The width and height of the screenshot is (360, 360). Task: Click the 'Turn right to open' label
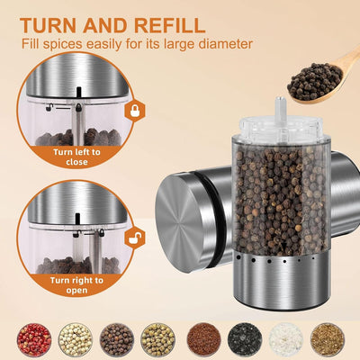tap(76, 287)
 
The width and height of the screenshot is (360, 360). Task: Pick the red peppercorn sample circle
tap(32, 339)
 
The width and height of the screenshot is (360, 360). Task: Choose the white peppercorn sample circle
tap(75, 339)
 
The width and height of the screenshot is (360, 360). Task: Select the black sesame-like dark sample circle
tap(244, 339)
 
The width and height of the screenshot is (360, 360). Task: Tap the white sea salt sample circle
tap(286, 339)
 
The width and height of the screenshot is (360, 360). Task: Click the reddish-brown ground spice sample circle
tap(202, 339)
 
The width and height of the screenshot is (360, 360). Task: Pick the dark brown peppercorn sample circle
tap(117, 339)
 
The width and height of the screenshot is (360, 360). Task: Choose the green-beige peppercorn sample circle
tap(159, 339)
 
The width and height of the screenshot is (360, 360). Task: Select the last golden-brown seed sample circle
tap(328, 339)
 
